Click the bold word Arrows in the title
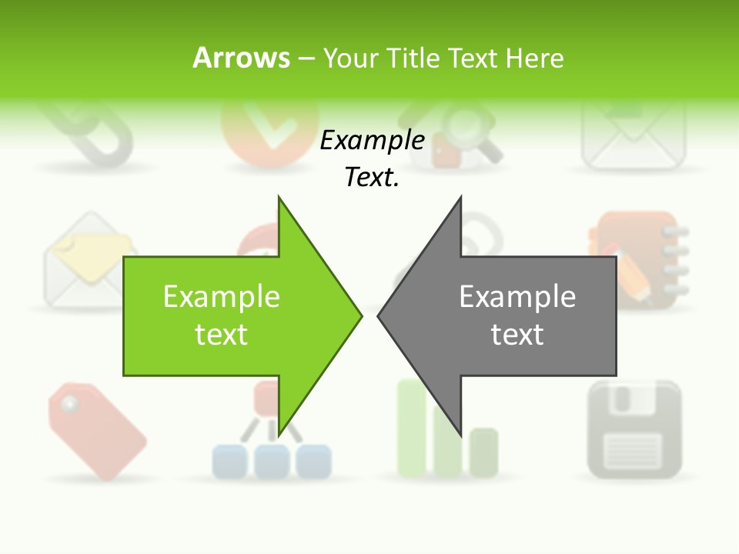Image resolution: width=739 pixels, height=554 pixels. pyautogui.click(x=241, y=58)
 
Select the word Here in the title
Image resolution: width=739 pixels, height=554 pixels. pyautogui.click(x=534, y=58)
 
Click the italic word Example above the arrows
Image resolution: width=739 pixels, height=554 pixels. pyautogui.click(x=373, y=141)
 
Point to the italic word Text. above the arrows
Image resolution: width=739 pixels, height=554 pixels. pyautogui.click(x=373, y=178)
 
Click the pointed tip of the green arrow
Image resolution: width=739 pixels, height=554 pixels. pyautogui.click(x=359, y=315)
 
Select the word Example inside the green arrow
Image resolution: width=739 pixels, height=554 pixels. pyautogui.click(x=222, y=297)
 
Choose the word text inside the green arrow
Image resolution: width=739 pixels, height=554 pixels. pyautogui.click(x=222, y=334)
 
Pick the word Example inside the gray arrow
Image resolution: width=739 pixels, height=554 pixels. pyautogui.click(x=517, y=297)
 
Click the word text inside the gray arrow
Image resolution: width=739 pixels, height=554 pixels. pyautogui.click(x=517, y=334)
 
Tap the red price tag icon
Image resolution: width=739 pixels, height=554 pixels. pyautogui.click(x=95, y=431)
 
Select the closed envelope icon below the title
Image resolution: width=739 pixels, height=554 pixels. pyautogui.click(x=633, y=138)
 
